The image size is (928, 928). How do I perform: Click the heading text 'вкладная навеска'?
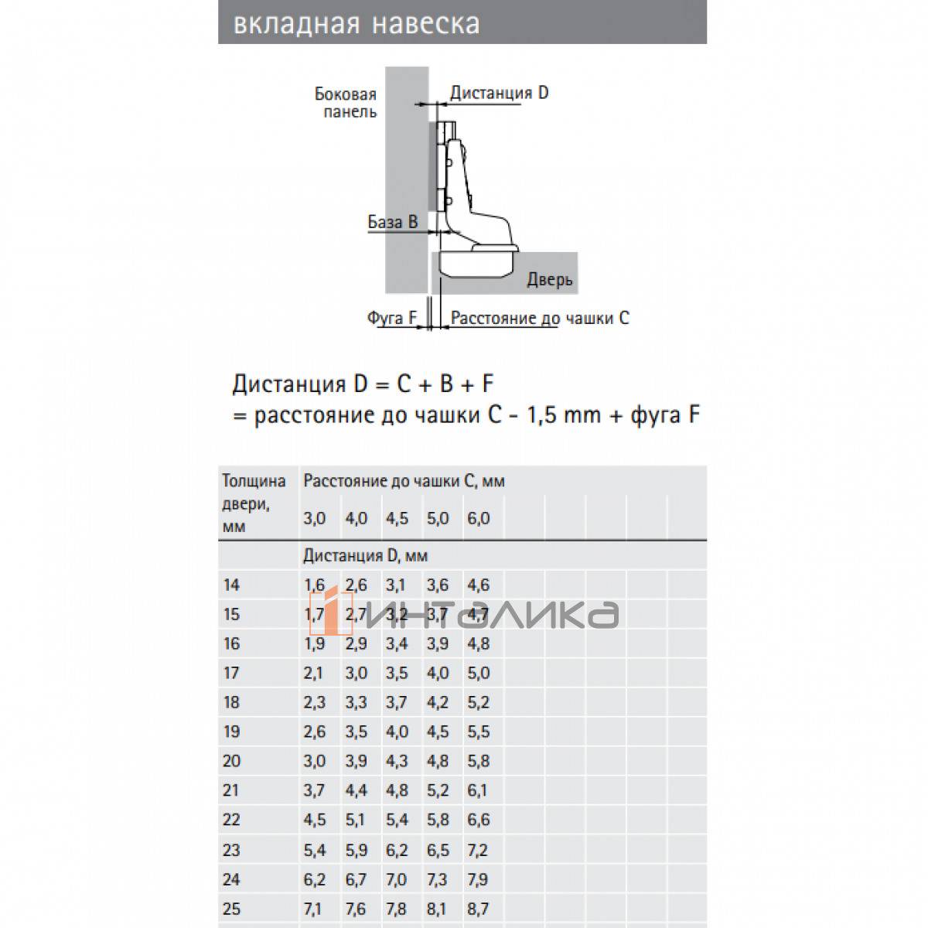click(357, 23)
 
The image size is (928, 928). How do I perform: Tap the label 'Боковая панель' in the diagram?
click(346, 103)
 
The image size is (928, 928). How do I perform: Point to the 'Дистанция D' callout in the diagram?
click(499, 93)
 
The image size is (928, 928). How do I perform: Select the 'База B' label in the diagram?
click(392, 222)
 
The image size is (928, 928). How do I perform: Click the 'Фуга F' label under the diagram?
click(391, 318)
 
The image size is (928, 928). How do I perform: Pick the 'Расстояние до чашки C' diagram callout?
click(540, 318)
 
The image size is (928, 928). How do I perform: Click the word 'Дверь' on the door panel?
click(550, 278)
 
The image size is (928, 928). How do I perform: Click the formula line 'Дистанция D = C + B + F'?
click(363, 384)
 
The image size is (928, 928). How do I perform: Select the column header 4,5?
click(396, 518)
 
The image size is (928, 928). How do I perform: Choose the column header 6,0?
click(479, 518)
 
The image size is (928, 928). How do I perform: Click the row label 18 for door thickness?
click(231, 702)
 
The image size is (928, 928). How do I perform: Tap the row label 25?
click(231, 908)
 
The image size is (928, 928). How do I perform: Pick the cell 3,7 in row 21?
click(314, 790)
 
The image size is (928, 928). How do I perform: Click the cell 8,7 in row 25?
click(479, 908)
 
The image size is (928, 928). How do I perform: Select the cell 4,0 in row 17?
click(438, 673)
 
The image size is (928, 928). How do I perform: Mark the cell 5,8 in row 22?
click(438, 820)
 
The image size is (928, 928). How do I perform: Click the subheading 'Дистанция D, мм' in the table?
click(365, 555)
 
